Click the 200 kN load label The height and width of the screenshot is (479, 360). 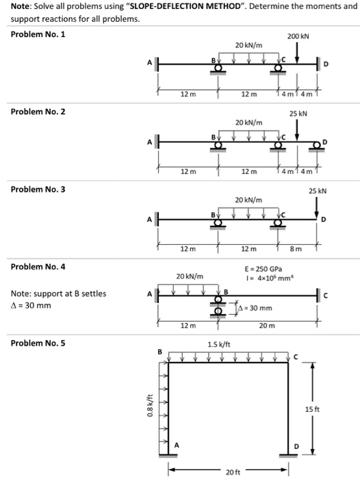point(298,35)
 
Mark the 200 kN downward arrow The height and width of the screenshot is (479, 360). point(298,50)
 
